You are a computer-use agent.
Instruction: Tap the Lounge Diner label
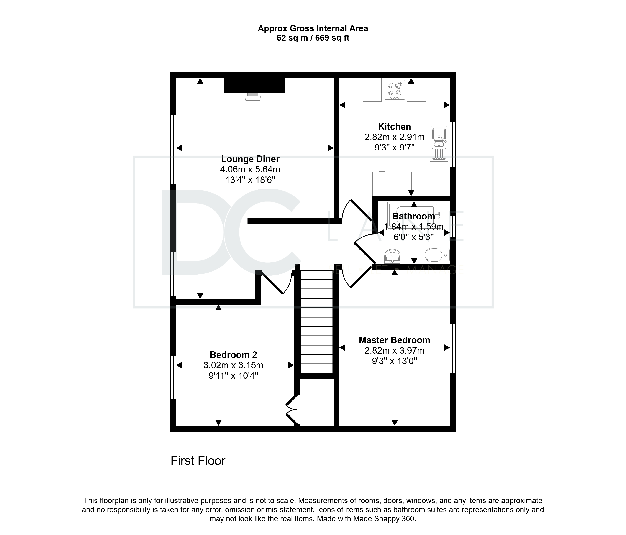coord(250,159)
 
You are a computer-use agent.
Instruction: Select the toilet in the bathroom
coord(437,255)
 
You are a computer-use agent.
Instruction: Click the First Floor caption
coord(198,461)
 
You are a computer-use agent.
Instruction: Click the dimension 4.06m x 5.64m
coord(250,169)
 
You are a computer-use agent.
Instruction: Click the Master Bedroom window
coord(453,348)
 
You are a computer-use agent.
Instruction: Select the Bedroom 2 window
coord(173,377)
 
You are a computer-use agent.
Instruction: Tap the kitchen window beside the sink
coord(453,144)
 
